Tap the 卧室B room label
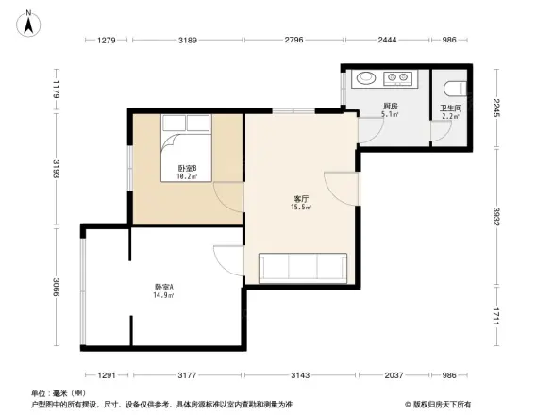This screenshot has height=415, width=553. (x=186, y=169)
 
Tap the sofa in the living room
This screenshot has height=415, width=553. (x=303, y=268)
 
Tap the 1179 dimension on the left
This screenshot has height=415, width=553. (x=56, y=91)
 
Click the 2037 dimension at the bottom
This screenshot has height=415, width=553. (x=393, y=376)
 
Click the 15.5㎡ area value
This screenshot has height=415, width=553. (x=303, y=207)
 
